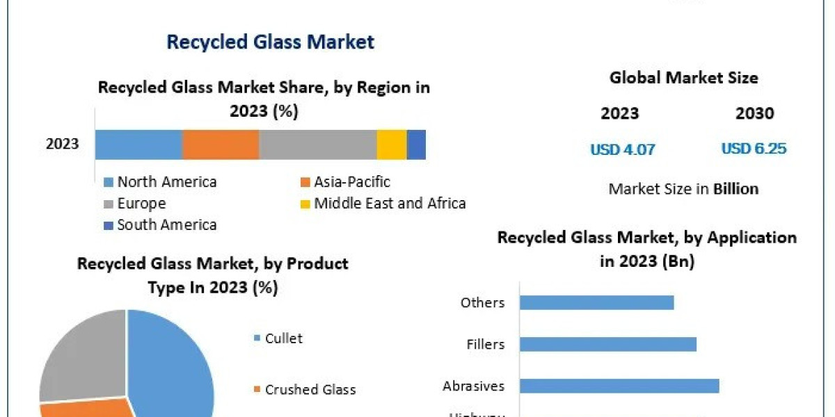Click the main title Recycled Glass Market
click(x=270, y=42)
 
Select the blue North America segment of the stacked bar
click(x=138, y=145)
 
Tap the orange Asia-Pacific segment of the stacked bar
click(x=221, y=145)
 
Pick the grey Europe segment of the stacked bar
click(x=317, y=145)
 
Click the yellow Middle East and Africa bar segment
click(x=391, y=145)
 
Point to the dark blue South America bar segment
click(x=416, y=145)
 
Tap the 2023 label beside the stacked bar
click(x=63, y=145)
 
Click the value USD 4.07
click(x=623, y=149)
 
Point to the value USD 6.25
click(x=754, y=149)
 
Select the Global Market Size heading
click(x=683, y=78)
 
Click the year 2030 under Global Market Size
click(x=754, y=113)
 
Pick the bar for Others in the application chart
click(x=596, y=302)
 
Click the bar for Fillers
click(x=607, y=344)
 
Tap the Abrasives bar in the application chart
click(x=619, y=386)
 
